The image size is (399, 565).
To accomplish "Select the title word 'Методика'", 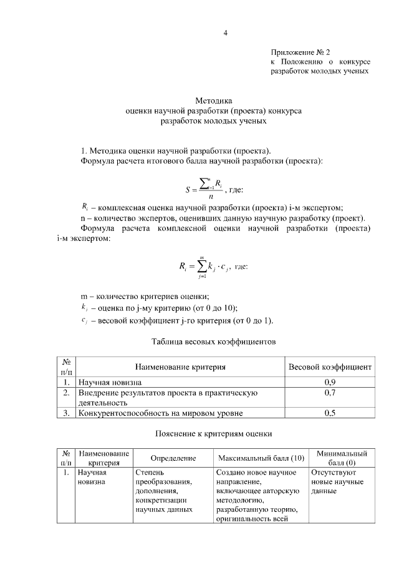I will click(x=214, y=100).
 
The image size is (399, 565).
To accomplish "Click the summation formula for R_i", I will click(x=204, y=267).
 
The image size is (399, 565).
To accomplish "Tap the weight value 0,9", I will click(x=330, y=381).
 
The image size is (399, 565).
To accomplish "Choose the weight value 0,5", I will click(x=330, y=413).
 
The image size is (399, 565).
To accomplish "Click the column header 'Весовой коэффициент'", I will click(x=330, y=367).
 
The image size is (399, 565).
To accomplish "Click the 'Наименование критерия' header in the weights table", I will click(x=180, y=367).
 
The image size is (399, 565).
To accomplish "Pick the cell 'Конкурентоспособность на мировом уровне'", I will click(x=160, y=413).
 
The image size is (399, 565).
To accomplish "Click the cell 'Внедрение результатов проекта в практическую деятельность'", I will click(x=167, y=398).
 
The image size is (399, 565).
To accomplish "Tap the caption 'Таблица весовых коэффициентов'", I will click(x=214, y=342).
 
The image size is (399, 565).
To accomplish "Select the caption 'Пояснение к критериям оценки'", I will click(x=214, y=433).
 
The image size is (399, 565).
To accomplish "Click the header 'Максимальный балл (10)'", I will click(x=261, y=458).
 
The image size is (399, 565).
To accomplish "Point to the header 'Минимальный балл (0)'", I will click(x=342, y=458).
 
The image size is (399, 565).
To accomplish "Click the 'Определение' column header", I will click(x=173, y=458).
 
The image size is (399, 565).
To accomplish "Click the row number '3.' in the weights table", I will click(x=65, y=413).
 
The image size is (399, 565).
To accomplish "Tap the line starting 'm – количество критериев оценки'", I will click(x=145, y=296).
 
